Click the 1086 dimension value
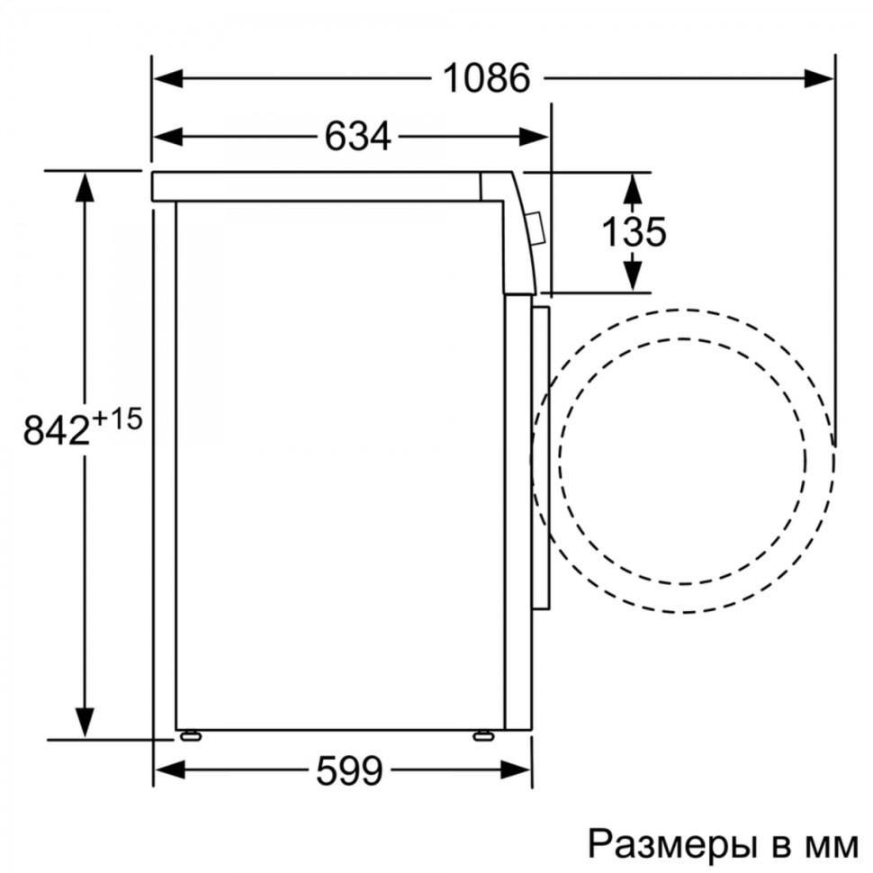click(486, 79)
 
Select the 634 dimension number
click(357, 137)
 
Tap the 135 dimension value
click(634, 232)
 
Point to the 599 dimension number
click(350, 769)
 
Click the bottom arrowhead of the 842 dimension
click(85, 722)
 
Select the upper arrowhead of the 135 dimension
click(634, 187)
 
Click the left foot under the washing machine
click(190, 735)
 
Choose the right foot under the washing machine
click(483, 735)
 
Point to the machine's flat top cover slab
click(315, 185)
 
